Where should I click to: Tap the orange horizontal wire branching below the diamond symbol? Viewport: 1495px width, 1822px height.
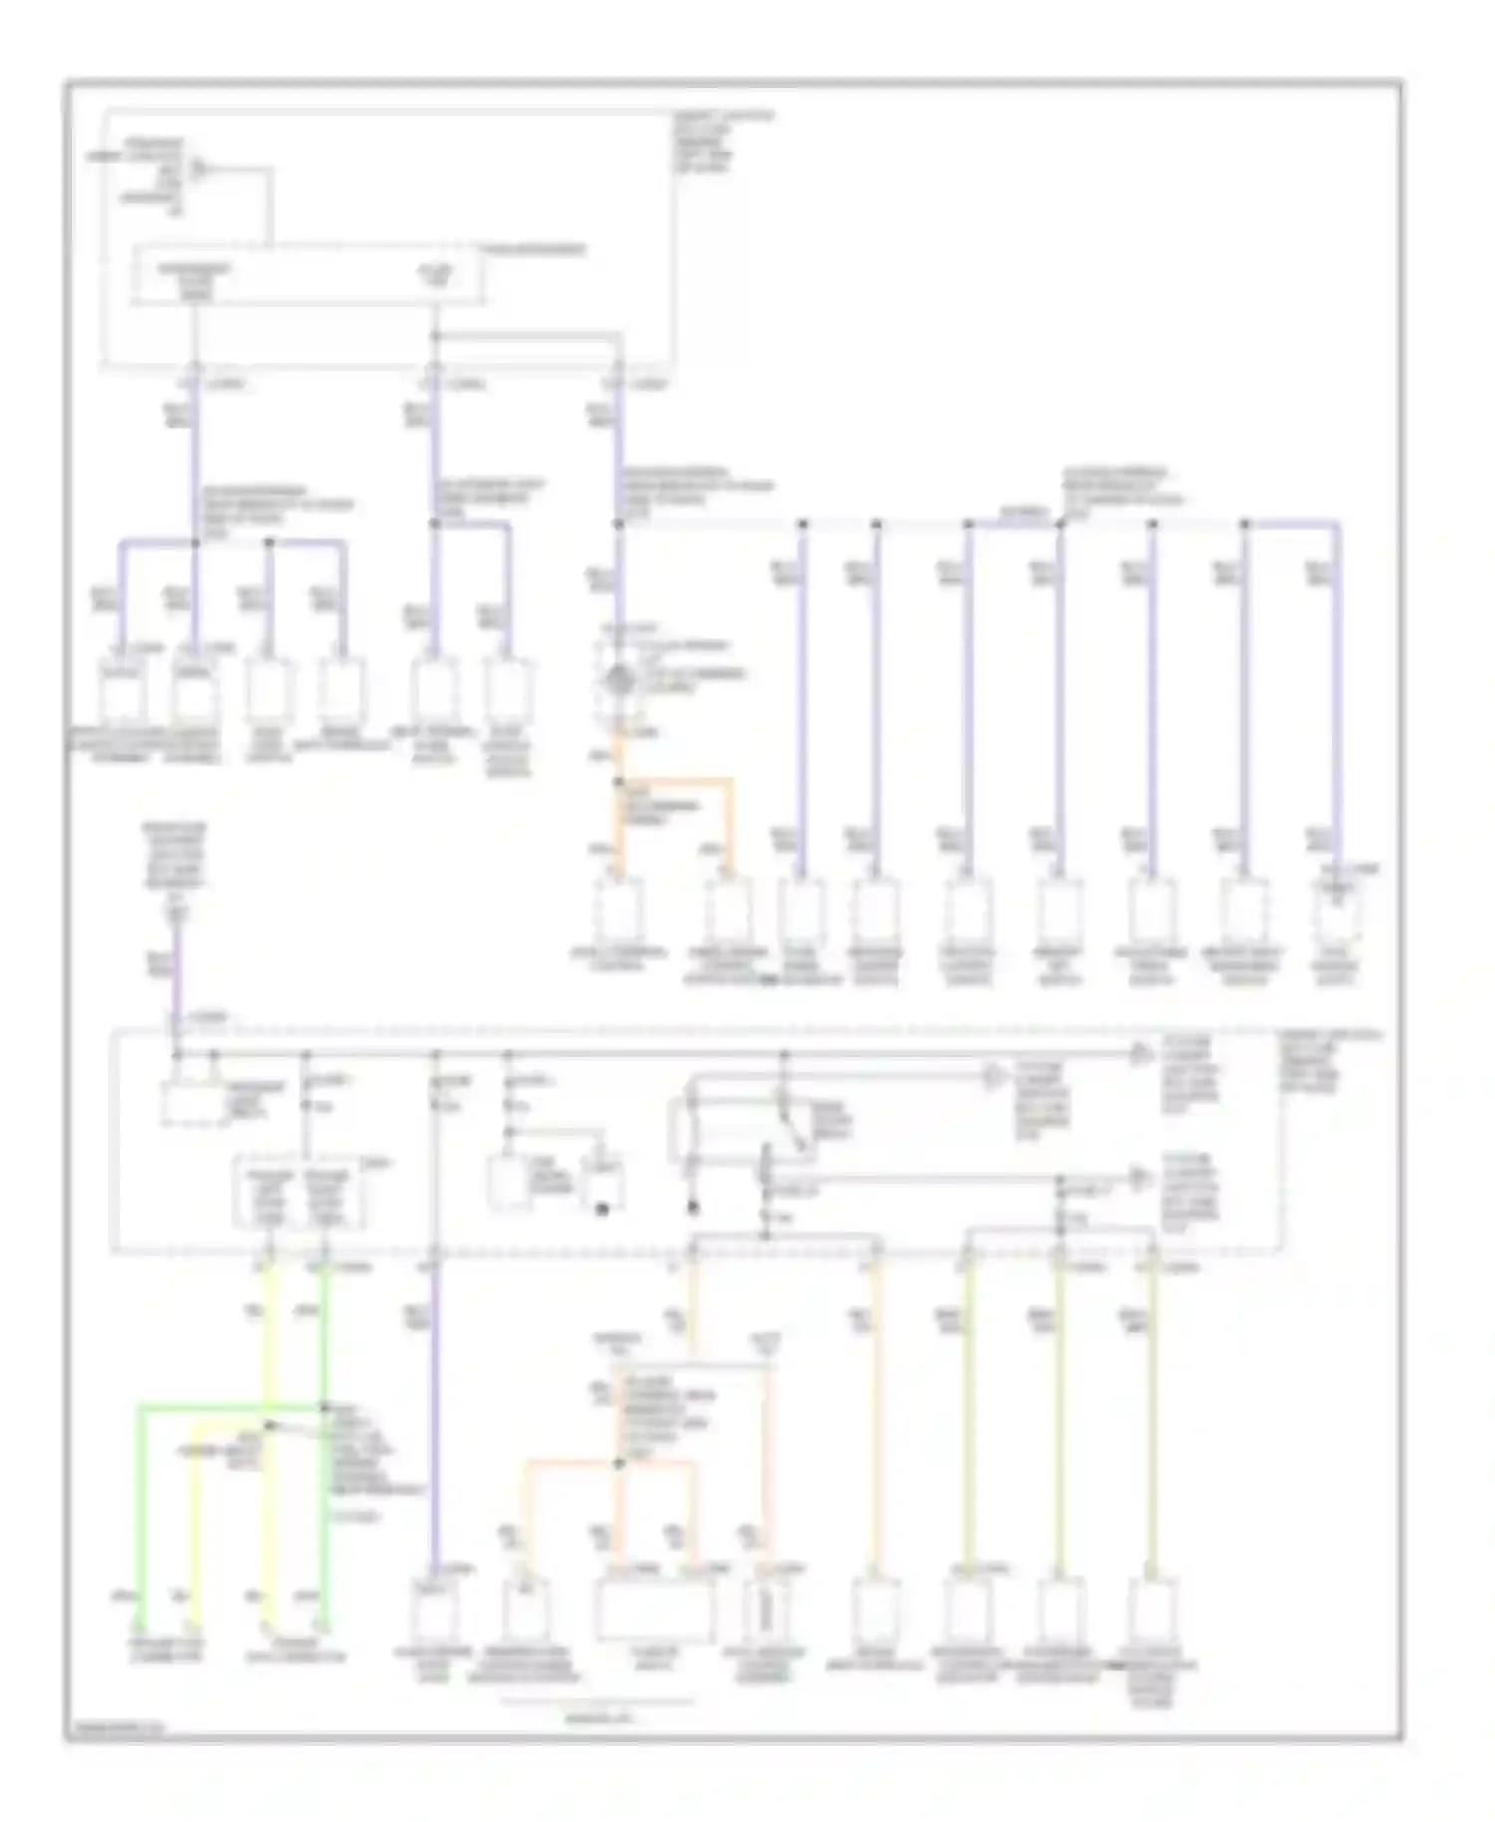pos(678,781)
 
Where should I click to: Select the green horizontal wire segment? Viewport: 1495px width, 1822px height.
pos(229,1408)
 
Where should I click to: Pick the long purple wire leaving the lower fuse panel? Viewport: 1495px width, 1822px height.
pos(435,1415)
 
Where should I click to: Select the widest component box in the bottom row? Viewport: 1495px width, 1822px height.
pos(655,1612)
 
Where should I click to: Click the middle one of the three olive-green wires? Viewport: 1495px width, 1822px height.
pos(1059,1415)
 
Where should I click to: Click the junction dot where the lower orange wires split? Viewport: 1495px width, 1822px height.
pos(619,1463)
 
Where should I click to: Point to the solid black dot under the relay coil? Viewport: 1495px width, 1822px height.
pos(693,1207)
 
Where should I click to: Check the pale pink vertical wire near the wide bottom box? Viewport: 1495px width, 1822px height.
pos(769,1475)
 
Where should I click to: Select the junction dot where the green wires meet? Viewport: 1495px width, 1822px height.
pos(324,1407)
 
